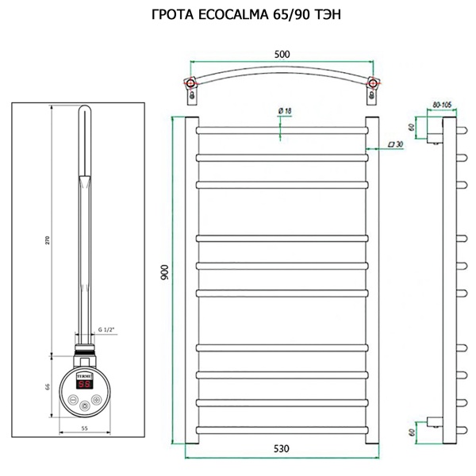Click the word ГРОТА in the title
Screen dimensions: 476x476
173,14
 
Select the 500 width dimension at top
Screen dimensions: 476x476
282,54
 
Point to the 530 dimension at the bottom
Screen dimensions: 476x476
282,448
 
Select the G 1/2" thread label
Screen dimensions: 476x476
106,329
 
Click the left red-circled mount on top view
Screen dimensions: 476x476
190,83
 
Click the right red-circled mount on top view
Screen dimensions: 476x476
373,83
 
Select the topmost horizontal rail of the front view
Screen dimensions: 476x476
282,127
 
